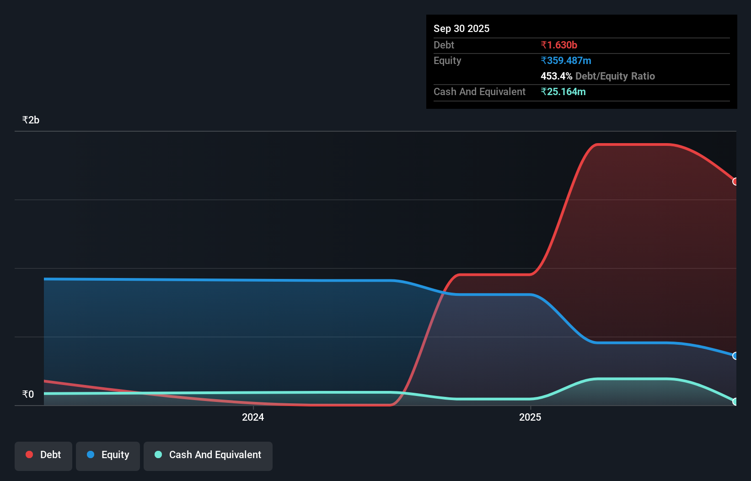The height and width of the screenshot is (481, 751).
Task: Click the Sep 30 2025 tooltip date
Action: pyautogui.click(x=461, y=28)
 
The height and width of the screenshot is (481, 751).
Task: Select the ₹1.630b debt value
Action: pyautogui.click(x=558, y=45)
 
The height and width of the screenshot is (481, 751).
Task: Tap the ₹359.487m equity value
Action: pyautogui.click(x=565, y=60)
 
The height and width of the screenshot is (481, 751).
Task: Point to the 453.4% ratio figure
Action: pyautogui.click(x=556, y=76)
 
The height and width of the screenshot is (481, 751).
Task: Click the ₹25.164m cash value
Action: pyautogui.click(x=563, y=91)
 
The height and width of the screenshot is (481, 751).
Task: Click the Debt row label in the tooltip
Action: pyautogui.click(x=444, y=45)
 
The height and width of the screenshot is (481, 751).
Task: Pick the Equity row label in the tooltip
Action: pyautogui.click(x=447, y=60)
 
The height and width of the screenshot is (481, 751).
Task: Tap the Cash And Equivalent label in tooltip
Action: pyautogui.click(x=479, y=91)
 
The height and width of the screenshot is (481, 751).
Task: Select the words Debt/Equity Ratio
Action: pyautogui.click(x=615, y=76)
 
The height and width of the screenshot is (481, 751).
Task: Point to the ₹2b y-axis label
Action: pyautogui.click(x=31, y=120)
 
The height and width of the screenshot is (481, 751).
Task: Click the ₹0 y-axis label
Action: pyautogui.click(x=28, y=394)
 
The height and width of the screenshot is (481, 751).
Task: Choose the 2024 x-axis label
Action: pyautogui.click(x=253, y=417)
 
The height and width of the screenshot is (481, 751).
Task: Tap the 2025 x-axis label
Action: pyautogui.click(x=530, y=417)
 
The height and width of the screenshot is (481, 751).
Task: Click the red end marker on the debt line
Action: pyautogui.click(x=735, y=182)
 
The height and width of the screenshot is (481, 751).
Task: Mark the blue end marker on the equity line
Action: pyautogui.click(x=735, y=356)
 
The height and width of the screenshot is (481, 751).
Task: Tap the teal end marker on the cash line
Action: pyautogui.click(x=735, y=401)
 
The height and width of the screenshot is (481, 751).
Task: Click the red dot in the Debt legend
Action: pyautogui.click(x=29, y=454)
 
